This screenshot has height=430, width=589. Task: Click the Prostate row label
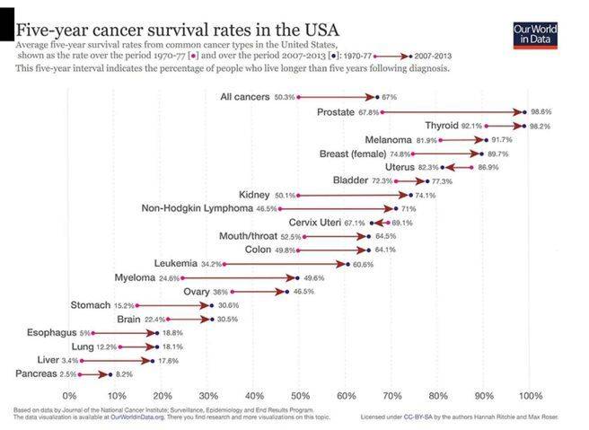(x=336, y=112)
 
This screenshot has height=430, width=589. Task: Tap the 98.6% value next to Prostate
(x=541, y=112)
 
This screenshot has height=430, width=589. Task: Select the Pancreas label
(x=37, y=373)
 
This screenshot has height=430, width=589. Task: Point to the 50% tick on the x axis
(x=300, y=395)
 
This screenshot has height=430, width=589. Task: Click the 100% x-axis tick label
(x=531, y=395)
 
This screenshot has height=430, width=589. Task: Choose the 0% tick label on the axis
(x=69, y=395)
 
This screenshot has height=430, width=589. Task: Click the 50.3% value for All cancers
(x=286, y=97)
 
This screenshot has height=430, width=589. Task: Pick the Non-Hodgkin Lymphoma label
(x=198, y=208)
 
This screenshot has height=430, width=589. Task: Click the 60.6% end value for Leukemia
(x=363, y=264)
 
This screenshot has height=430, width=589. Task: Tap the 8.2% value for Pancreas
(x=124, y=373)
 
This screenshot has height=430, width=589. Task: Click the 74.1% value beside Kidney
(x=425, y=195)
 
